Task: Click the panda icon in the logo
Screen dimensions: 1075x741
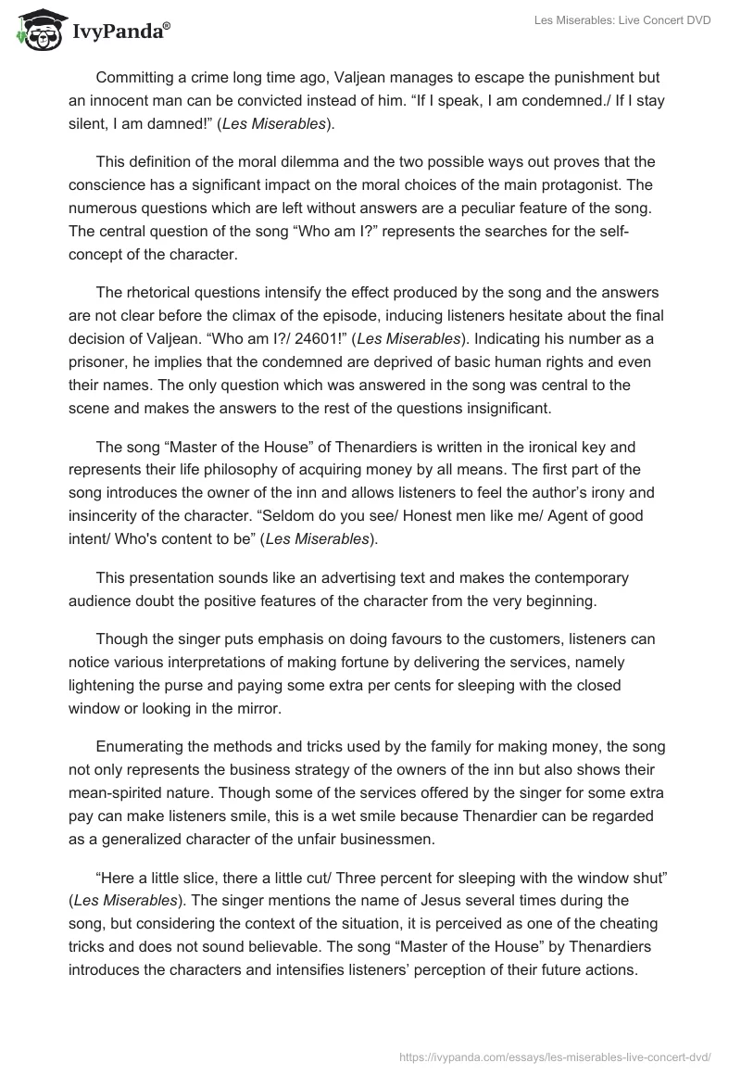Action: tap(38, 31)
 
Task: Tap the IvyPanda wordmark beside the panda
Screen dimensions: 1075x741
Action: tap(119, 32)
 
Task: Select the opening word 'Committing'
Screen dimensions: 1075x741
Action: tap(139, 77)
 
